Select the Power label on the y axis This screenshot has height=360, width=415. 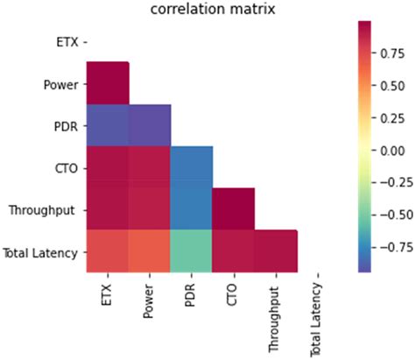point(62,84)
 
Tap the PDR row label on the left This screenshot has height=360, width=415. point(67,126)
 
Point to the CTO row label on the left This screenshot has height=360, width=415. point(67,168)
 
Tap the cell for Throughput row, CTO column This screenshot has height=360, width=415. point(234,209)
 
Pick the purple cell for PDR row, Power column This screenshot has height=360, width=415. point(149,125)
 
